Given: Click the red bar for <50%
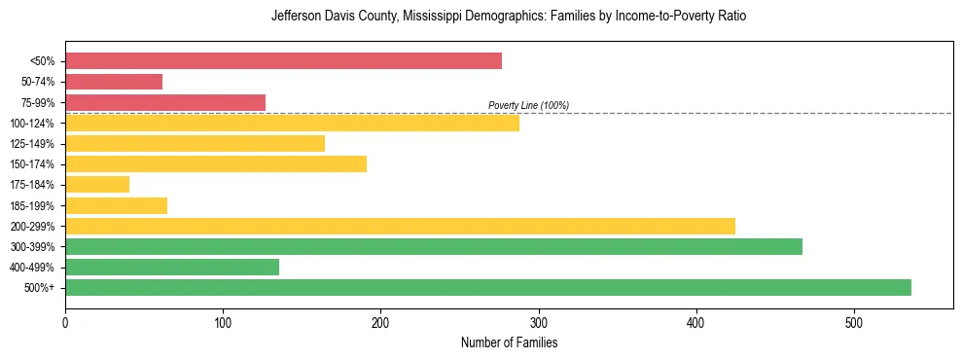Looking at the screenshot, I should click(x=283, y=61).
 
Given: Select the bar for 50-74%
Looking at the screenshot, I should click(x=114, y=82).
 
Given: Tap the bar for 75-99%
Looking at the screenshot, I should click(x=165, y=102).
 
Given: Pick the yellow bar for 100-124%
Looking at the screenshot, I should click(x=292, y=123).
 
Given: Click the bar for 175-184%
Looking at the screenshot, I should click(x=97, y=184).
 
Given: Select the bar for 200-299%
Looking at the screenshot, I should click(x=400, y=226).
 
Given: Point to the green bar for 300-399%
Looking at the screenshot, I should click(x=434, y=246).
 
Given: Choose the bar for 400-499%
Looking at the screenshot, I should click(x=172, y=267).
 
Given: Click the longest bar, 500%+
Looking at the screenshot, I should click(x=488, y=287).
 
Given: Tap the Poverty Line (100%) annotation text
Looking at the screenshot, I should click(x=528, y=105).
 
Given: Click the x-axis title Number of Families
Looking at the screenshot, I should click(x=509, y=342).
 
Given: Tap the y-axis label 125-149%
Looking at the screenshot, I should click(x=32, y=144).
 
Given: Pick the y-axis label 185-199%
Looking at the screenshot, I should click(x=32, y=205).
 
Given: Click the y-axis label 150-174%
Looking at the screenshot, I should click(x=32, y=164).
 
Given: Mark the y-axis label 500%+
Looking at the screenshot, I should click(x=40, y=288).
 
